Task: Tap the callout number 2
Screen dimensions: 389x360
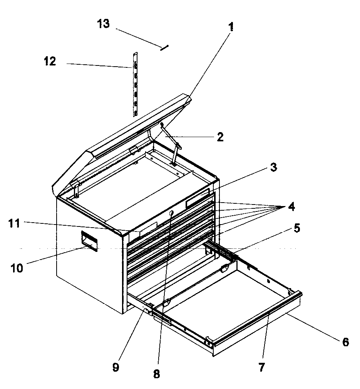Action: coord(220,137)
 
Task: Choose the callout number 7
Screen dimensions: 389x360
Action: coord(261,367)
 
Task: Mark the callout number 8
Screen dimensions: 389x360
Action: coord(156,374)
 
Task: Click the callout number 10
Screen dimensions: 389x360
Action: coord(17,268)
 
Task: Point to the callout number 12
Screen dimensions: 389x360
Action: coord(50,62)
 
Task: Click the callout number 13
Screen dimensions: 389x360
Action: coord(104,24)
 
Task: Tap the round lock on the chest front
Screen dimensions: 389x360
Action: coord(171,213)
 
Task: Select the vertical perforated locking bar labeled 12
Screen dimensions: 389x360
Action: coord(135,89)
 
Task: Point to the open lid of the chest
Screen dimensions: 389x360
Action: coord(123,139)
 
